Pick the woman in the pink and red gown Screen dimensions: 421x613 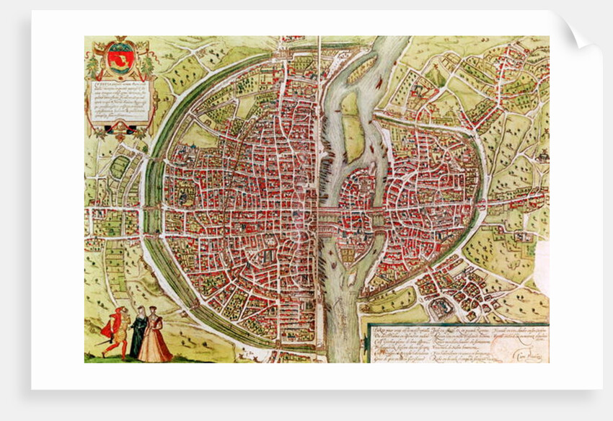tap(155, 339)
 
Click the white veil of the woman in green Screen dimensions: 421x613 tap(139, 311)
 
